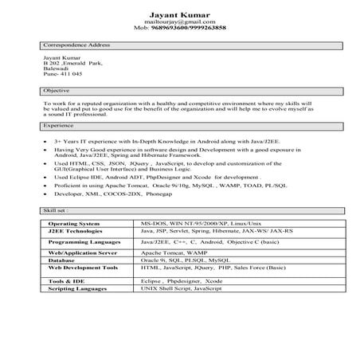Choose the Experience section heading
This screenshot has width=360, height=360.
[x=58, y=126]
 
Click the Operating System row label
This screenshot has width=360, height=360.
[x=75, y=225]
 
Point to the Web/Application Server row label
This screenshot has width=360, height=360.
[x=83, y=253]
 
